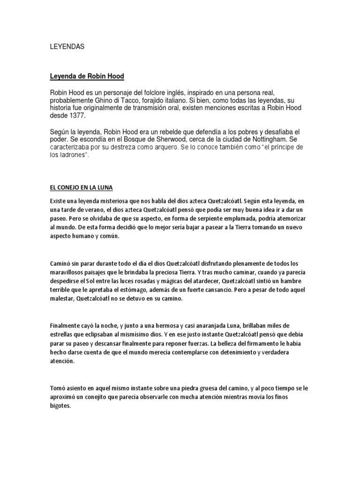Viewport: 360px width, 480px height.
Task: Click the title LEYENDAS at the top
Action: tap(67, 47)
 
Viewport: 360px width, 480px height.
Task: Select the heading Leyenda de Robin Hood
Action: tap(87, 76)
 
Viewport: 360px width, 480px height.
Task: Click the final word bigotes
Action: tap(60, 406)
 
